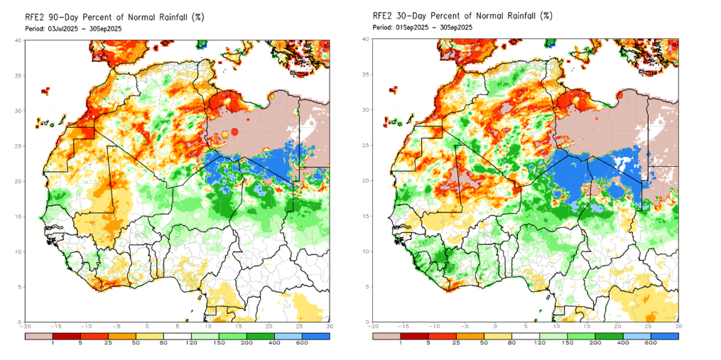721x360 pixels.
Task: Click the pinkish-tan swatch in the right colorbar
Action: [x=386, y=335]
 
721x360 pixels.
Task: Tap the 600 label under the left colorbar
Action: [x=303, y=344]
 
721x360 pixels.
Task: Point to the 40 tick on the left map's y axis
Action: [x=19, y=40]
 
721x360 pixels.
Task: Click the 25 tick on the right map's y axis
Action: [x=367, y=146]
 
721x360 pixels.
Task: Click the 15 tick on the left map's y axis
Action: [x=19, y=216]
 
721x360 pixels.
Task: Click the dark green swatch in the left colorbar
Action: [x=260, y=335]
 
